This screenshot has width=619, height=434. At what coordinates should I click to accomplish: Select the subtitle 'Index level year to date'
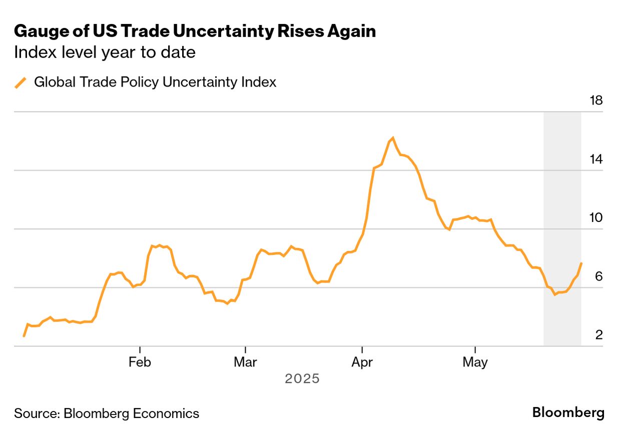click(105, 52)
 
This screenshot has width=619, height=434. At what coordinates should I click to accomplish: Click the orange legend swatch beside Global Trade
click(21, 82)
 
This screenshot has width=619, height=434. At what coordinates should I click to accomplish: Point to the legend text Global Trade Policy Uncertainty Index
click(155, 82)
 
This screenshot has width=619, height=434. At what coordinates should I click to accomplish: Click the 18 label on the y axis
click(596, 101)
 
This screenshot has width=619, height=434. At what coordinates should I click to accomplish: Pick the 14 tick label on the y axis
click(596, 159)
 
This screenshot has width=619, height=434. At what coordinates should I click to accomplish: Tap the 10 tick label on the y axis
click(596, 218)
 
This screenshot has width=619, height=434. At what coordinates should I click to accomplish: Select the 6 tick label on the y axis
click(599, 276)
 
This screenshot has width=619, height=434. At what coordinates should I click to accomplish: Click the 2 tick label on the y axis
click(599, 335)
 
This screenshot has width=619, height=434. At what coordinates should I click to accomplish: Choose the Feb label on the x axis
click(140, 362)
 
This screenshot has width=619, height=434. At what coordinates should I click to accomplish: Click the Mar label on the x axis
click(245, 362)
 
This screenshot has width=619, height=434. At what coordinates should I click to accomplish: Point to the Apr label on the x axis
click(362, 362)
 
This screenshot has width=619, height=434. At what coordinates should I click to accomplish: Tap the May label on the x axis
click(475, 362)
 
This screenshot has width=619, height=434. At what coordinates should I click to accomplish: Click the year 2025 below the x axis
click(302, 379)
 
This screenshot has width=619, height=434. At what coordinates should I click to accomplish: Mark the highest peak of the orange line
click(393, 137)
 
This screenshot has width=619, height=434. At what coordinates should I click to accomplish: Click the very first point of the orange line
click(24, 336)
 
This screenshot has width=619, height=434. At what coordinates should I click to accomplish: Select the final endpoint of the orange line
click(581, 263)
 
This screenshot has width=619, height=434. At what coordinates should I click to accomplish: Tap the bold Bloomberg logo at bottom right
click(568, 413)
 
